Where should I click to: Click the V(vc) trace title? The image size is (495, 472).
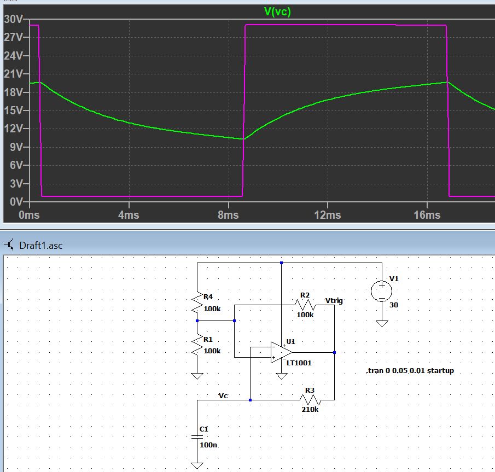(x=277, y=11)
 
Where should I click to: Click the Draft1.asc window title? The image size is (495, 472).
(x=41, y=245)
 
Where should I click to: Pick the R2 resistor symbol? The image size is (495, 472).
(x=304, y=305)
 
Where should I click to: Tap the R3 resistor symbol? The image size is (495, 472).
(x=309, y=400)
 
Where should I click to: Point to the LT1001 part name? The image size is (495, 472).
(x=299, y=363)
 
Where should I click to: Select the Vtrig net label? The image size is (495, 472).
(x=334, y=300)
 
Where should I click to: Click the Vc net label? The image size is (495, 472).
(x=224, y=395)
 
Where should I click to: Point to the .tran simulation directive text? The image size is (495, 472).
(x=410, y=371)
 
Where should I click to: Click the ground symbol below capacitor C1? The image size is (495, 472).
(x=197, y=465)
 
